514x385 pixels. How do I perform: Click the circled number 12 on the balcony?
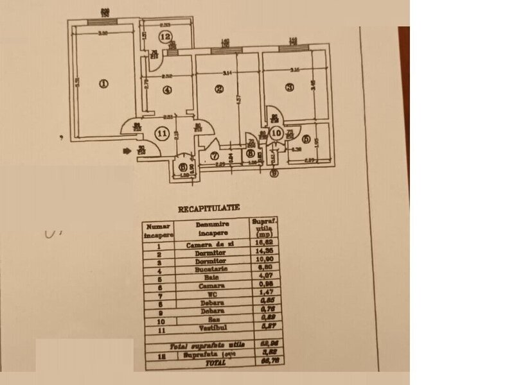point(166,36)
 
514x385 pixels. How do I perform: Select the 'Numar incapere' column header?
point(157,230)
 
